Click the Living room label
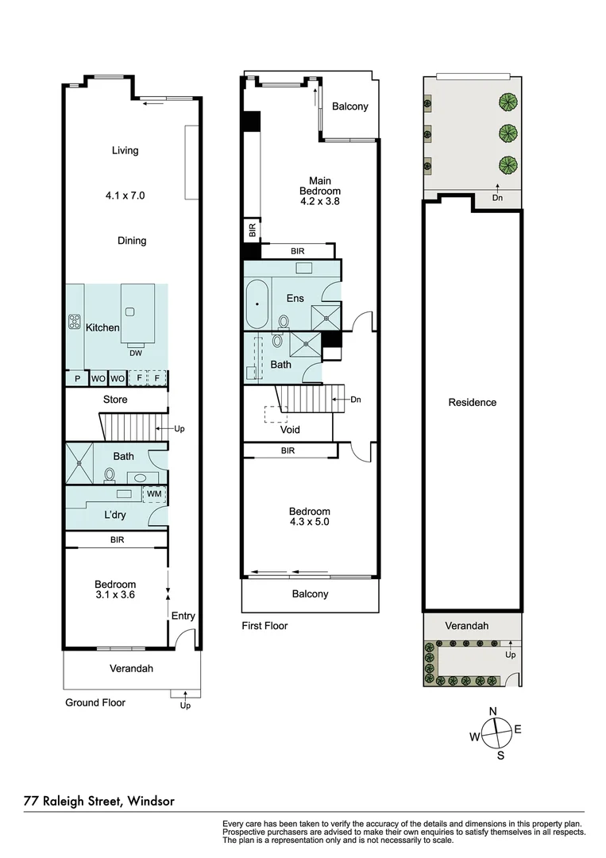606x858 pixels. [125, 150]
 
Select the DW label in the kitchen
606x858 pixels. [136, 354]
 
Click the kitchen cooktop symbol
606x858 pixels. [75, 323]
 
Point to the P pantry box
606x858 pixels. [77, 378]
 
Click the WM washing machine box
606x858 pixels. [153, 494]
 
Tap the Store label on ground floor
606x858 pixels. [115, 399]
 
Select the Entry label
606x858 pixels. [183, 616]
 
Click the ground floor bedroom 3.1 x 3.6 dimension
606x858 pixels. [116, 594]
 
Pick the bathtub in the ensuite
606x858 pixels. [257, 304]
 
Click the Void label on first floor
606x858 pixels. [290, 430]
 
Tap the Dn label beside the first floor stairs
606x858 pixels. [355, 400]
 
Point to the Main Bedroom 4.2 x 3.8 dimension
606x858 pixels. [319, 202]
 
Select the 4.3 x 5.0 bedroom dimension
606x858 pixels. [309, 522]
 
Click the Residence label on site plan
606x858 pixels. [472, 402]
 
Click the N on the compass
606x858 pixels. [492, 711]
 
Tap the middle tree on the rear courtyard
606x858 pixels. [505, 133]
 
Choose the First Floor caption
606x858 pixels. [264, 626]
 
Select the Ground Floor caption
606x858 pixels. [95, 702]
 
